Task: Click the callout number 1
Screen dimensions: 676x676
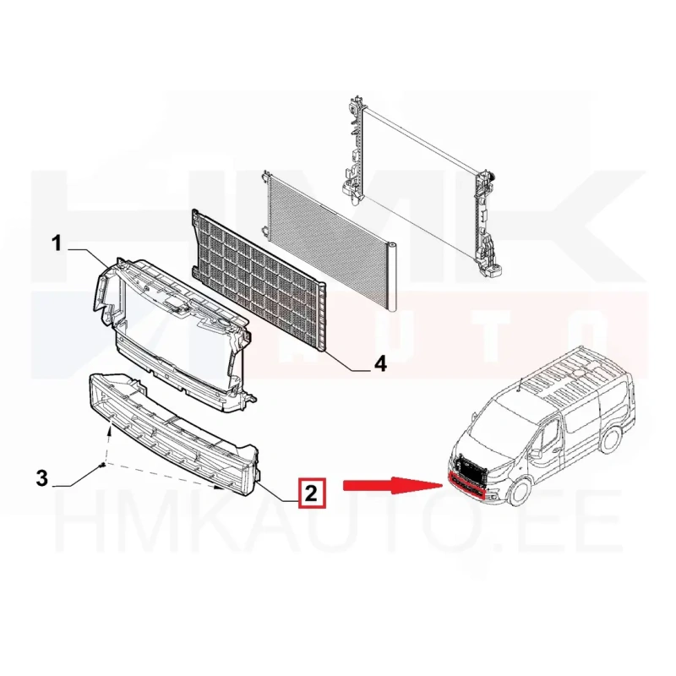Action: coord(57,244)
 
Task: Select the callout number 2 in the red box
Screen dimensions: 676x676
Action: coord(311,492)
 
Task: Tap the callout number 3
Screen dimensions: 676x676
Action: coord(41,478)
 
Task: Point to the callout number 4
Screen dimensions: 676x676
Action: coord(379,365)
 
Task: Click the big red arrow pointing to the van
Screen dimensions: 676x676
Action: coord(393,485)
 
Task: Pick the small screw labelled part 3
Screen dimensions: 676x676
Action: coord(101,466)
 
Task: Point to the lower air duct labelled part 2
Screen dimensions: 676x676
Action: coord(172,435)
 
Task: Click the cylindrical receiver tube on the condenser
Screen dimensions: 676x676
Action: coord(392,276)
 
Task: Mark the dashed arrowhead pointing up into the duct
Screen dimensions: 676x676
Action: coord(111,428)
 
